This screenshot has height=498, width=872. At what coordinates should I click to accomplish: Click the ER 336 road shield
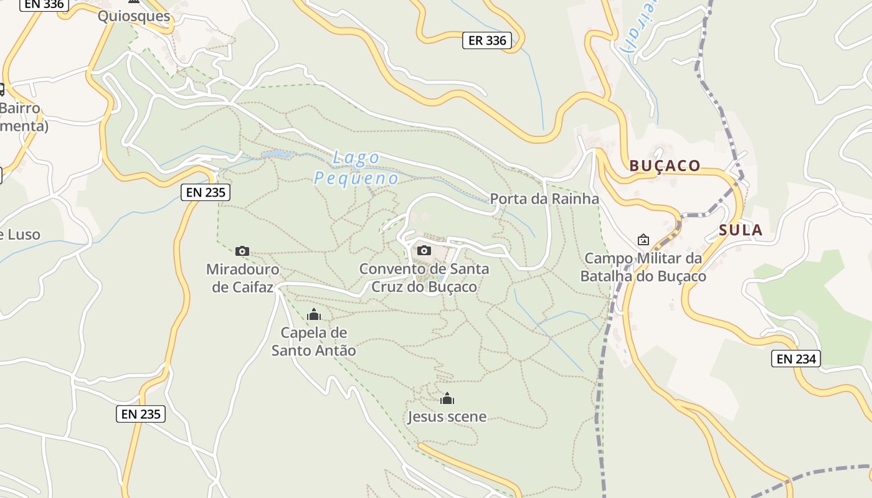[487, 41]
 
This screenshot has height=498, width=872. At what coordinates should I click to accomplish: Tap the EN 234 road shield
[796, 359]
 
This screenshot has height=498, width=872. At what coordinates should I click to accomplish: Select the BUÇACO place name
[665, 166]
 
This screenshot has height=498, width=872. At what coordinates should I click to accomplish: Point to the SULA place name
[741, 230]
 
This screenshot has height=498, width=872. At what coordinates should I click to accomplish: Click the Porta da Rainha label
[544, 199]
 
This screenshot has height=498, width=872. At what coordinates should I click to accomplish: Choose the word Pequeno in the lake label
[356, 179]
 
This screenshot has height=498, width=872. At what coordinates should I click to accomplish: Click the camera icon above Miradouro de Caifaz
[242, 251]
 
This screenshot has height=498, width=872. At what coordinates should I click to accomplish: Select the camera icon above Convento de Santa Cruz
[424, 250]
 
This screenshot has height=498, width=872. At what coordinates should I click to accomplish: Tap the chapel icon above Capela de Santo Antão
[314, 315]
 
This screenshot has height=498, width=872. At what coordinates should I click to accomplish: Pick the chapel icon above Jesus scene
[447, 399]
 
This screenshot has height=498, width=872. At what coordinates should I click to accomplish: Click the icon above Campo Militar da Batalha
[643, 240]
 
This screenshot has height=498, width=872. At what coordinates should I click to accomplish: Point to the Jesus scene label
[447, 416]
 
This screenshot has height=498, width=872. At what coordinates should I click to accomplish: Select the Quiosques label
[134, 16]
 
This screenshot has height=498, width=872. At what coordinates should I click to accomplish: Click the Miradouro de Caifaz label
[243, 278]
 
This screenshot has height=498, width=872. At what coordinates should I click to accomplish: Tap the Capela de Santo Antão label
[314, 342]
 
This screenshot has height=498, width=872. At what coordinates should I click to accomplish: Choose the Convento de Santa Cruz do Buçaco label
[424, 278]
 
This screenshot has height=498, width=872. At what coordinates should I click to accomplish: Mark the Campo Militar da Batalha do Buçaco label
[643, 267]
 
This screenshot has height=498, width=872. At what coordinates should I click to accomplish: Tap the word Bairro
[20, 108]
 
